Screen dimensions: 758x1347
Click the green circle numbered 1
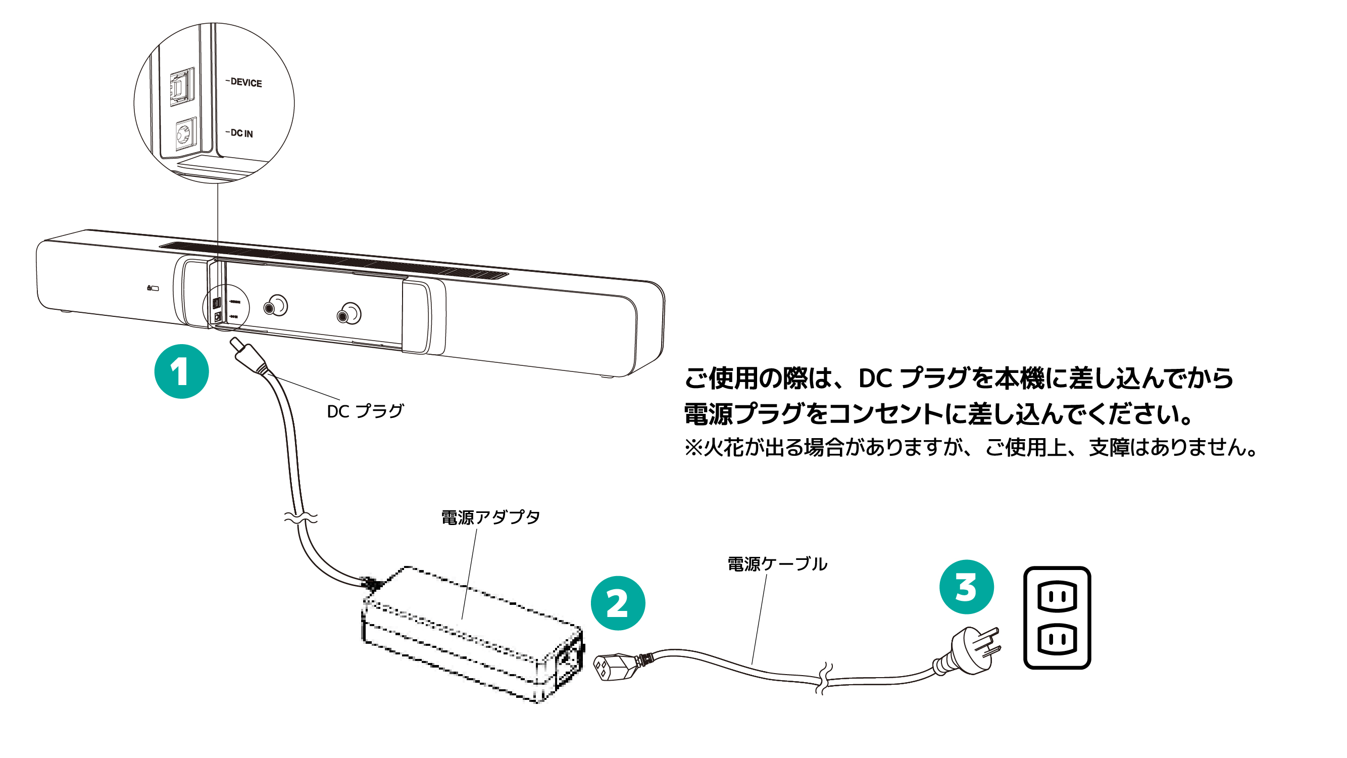pyautogui.click(x=181, y=371)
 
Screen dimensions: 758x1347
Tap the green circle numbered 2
pyautogui.click(x=618, y=603)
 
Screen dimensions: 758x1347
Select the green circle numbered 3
pyautogui.click(x=966, y=586)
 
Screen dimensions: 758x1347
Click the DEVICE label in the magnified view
pyautogui.click(x=246, y=83)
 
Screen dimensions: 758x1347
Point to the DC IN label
pyautogui.click(x=241, y=133)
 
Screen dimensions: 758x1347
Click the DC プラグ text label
pyautogui.click(x=365, y=411)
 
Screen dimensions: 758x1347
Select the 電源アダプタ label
pyautogui.click(x=490, y=517)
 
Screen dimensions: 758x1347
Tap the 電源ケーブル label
pyautogui.click(x=777, y=564)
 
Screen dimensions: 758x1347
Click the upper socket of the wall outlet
pyautogui.click(x=1057, y=596)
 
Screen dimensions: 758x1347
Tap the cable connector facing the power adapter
pyautogui.click(x=609, y=668)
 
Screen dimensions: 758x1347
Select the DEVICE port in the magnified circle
pyautogui.click(x=181, y=87)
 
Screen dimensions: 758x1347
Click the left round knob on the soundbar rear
pyautogui.click(x=275, y=306)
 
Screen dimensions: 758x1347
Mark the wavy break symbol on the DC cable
pyautogui.click(x=301, y=517)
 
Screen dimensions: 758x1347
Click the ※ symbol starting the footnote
pyautogui.click(x=693, y=448)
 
